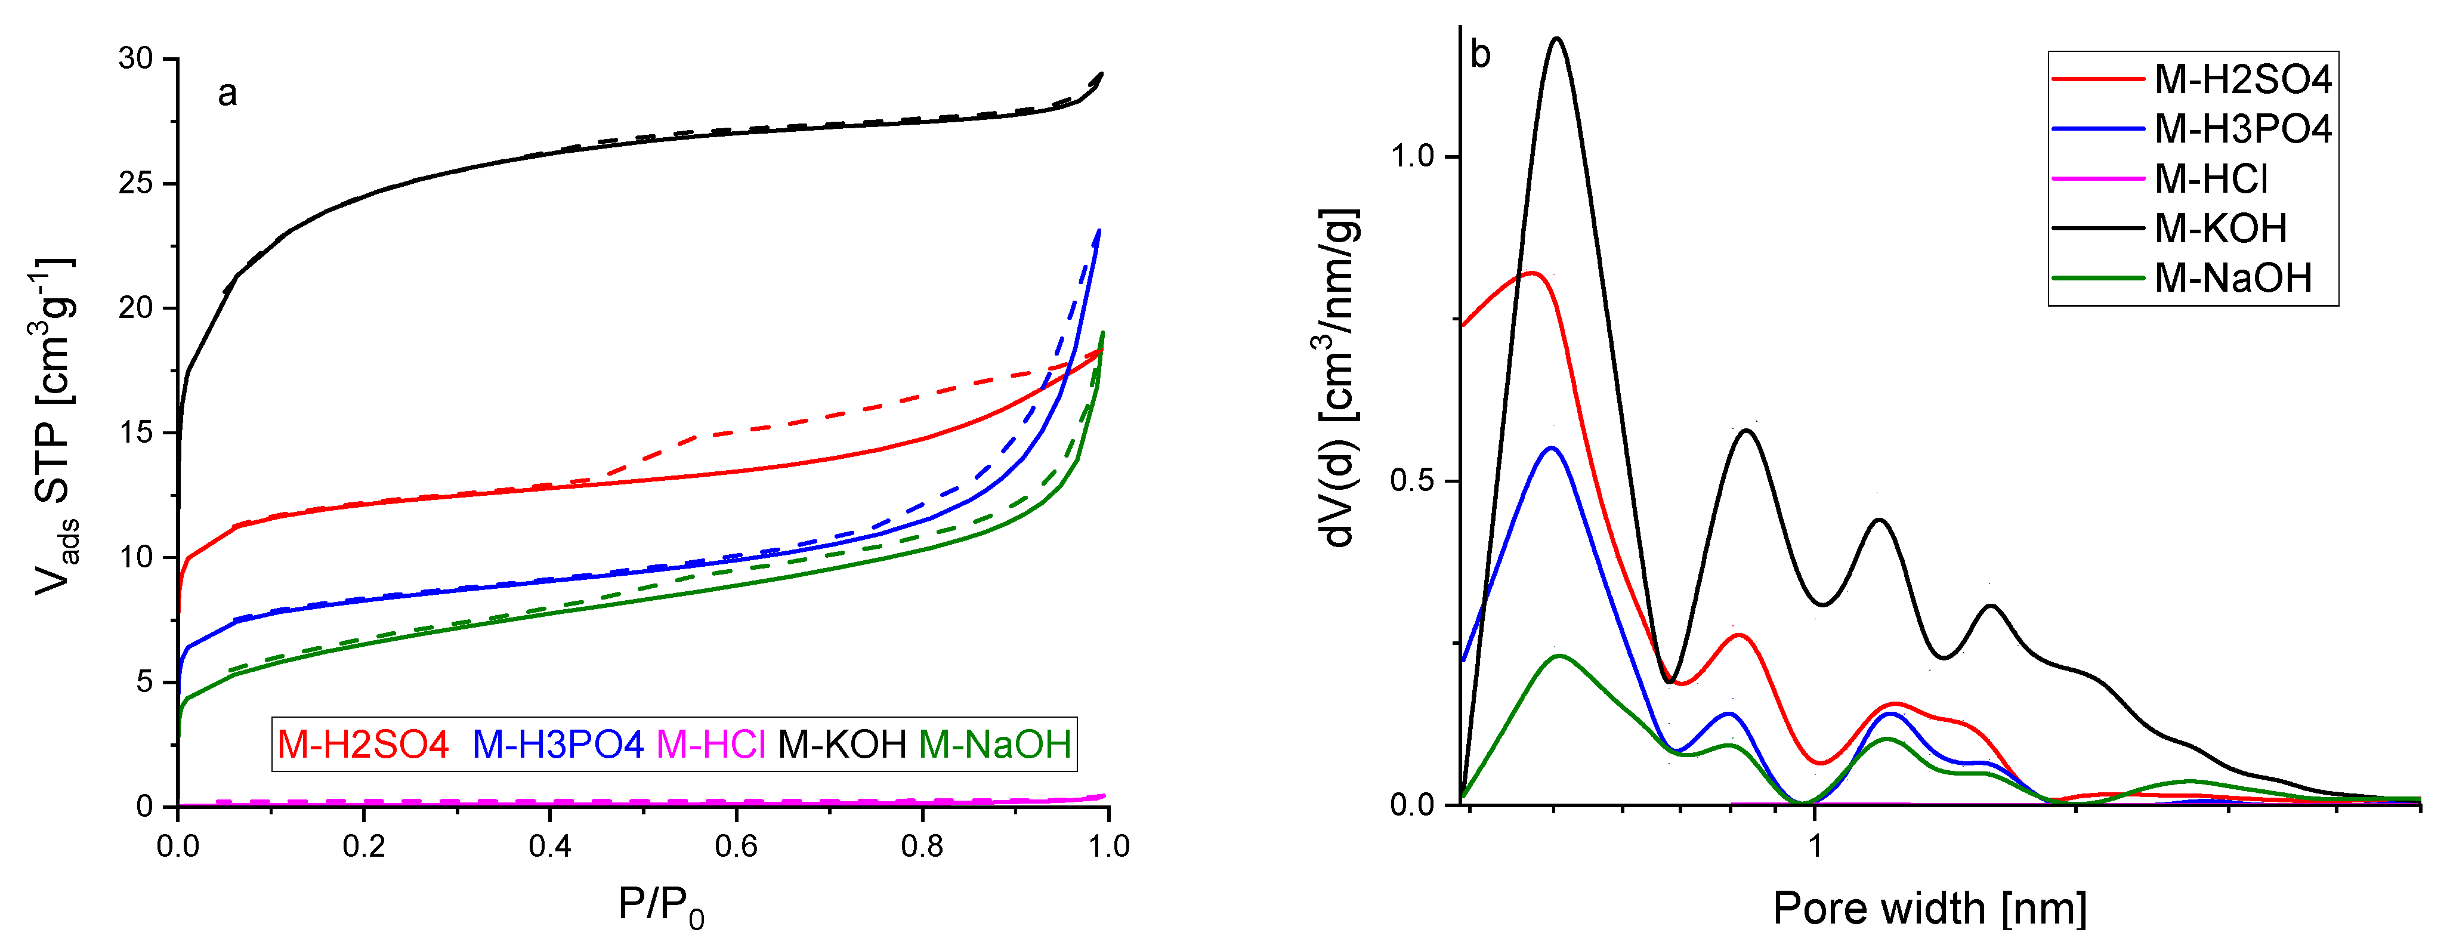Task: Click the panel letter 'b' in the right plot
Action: pos(1480,55)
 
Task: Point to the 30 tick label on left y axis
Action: pos(136,59)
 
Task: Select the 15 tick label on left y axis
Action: pos(136,433)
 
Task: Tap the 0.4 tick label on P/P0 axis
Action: pos(550,845)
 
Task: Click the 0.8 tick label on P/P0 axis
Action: pos(922,845)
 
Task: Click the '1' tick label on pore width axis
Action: pos(1815,845)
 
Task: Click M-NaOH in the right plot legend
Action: pos(2232,277)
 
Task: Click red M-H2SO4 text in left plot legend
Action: pos(362,743)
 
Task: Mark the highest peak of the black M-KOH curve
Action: pos(1557,39)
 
